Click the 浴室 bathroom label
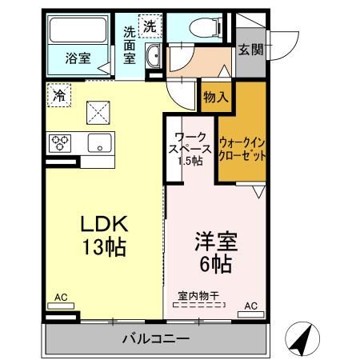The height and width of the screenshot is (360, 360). click(78, 58)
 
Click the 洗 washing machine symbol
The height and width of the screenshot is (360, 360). click(149, 26)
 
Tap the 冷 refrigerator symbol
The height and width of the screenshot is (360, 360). click(58, 94)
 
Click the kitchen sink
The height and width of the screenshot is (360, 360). click(100, 144)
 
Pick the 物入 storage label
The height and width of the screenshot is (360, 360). click(216, 97)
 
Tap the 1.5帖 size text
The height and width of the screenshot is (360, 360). click(190, 160)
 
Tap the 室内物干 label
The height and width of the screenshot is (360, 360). click(198, 295)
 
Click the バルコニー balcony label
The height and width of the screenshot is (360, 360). click(156, 338)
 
